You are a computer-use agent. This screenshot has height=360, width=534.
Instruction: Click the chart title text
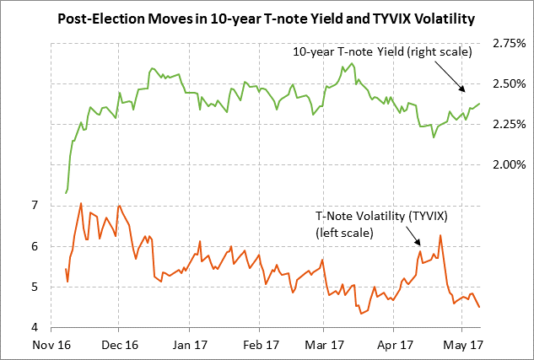267,18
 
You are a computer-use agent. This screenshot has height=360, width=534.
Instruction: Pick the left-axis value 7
34,206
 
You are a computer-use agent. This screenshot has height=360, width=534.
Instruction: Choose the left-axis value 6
34,246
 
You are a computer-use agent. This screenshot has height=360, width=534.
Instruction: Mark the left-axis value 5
34,287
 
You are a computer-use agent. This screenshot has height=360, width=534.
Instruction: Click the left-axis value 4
34,327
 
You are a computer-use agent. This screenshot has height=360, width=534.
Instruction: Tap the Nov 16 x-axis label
51,345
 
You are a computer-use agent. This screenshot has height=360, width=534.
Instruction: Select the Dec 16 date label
120,345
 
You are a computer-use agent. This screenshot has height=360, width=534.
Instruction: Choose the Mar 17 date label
325,345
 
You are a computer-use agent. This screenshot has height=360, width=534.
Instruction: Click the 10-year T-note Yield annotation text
381,52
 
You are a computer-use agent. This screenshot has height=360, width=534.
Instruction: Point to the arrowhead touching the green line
461,89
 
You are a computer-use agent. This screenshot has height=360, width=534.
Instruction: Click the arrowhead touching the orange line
418,244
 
